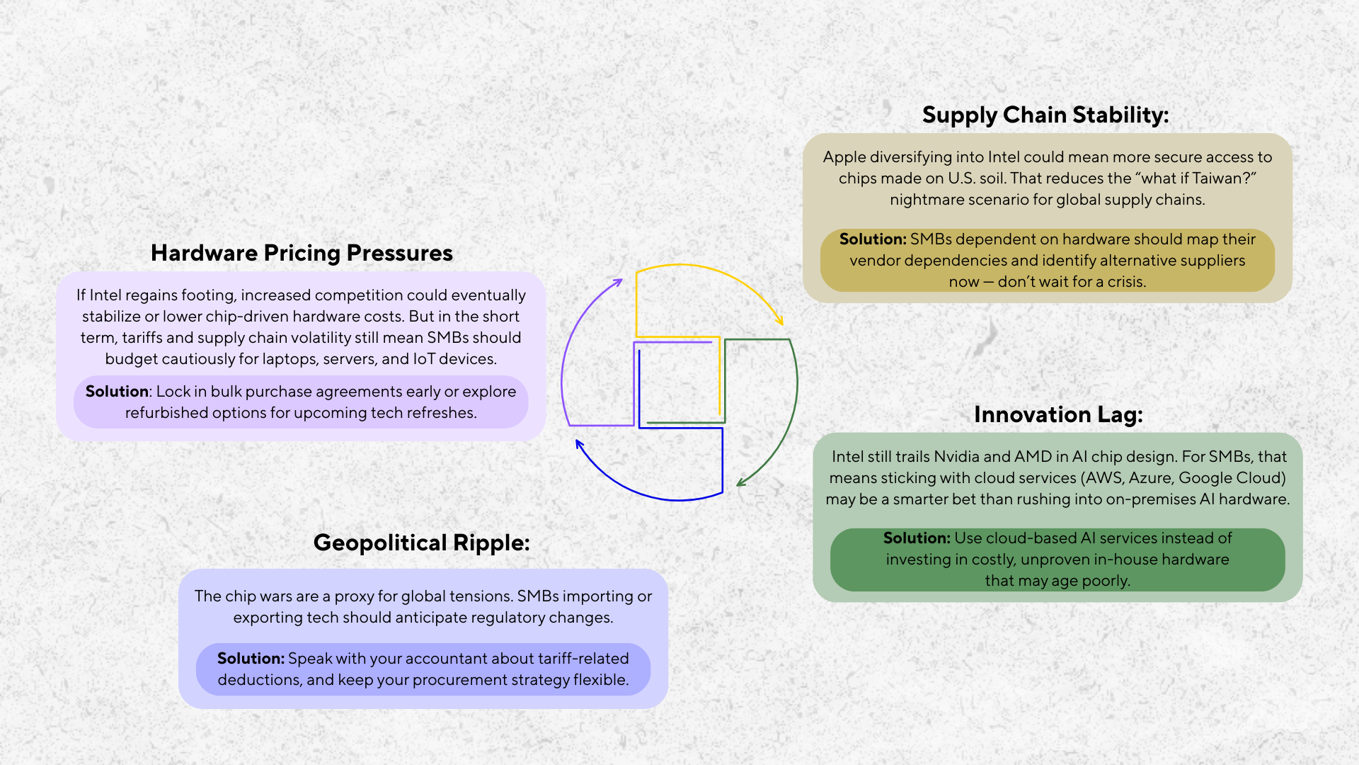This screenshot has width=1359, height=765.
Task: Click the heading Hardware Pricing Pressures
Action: click(x=302, y=253)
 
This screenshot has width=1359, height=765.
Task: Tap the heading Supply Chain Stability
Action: click(x=1045, y=115)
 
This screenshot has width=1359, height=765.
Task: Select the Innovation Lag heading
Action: click(x=1057, y=414)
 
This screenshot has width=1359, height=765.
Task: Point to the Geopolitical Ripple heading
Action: click(x=421, y=543)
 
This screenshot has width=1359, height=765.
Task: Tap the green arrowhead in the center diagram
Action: click(x=740, y=483)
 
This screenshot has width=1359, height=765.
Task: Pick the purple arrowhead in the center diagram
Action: click(x=618, y=282)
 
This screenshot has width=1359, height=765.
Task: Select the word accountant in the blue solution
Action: click(x=445, y=659)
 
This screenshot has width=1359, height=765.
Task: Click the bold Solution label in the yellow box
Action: click(x=872, y=239)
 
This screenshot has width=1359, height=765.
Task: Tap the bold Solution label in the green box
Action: click(x=916, y=538)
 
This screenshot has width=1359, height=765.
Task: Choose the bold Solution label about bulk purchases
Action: click(x=117, y=392)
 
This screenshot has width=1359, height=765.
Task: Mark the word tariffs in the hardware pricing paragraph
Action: click(x=144, y=338)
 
